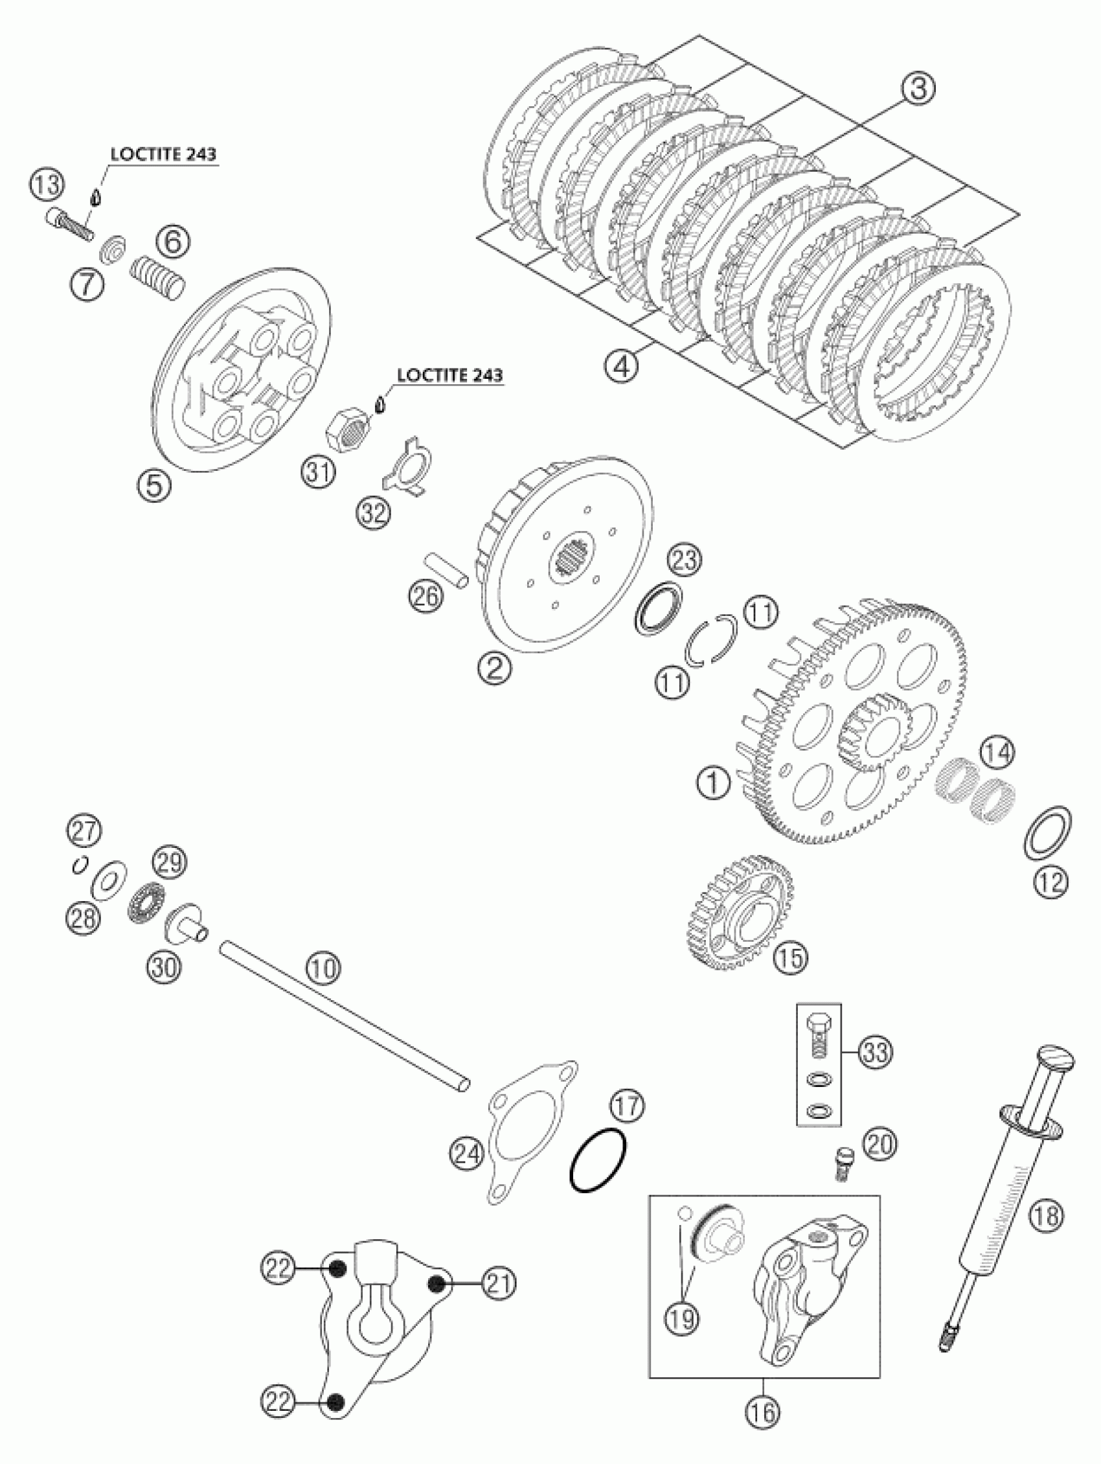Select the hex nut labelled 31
349,428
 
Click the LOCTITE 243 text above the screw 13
163,154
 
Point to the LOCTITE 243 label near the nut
449,374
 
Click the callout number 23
684,560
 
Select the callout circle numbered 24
466,1155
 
